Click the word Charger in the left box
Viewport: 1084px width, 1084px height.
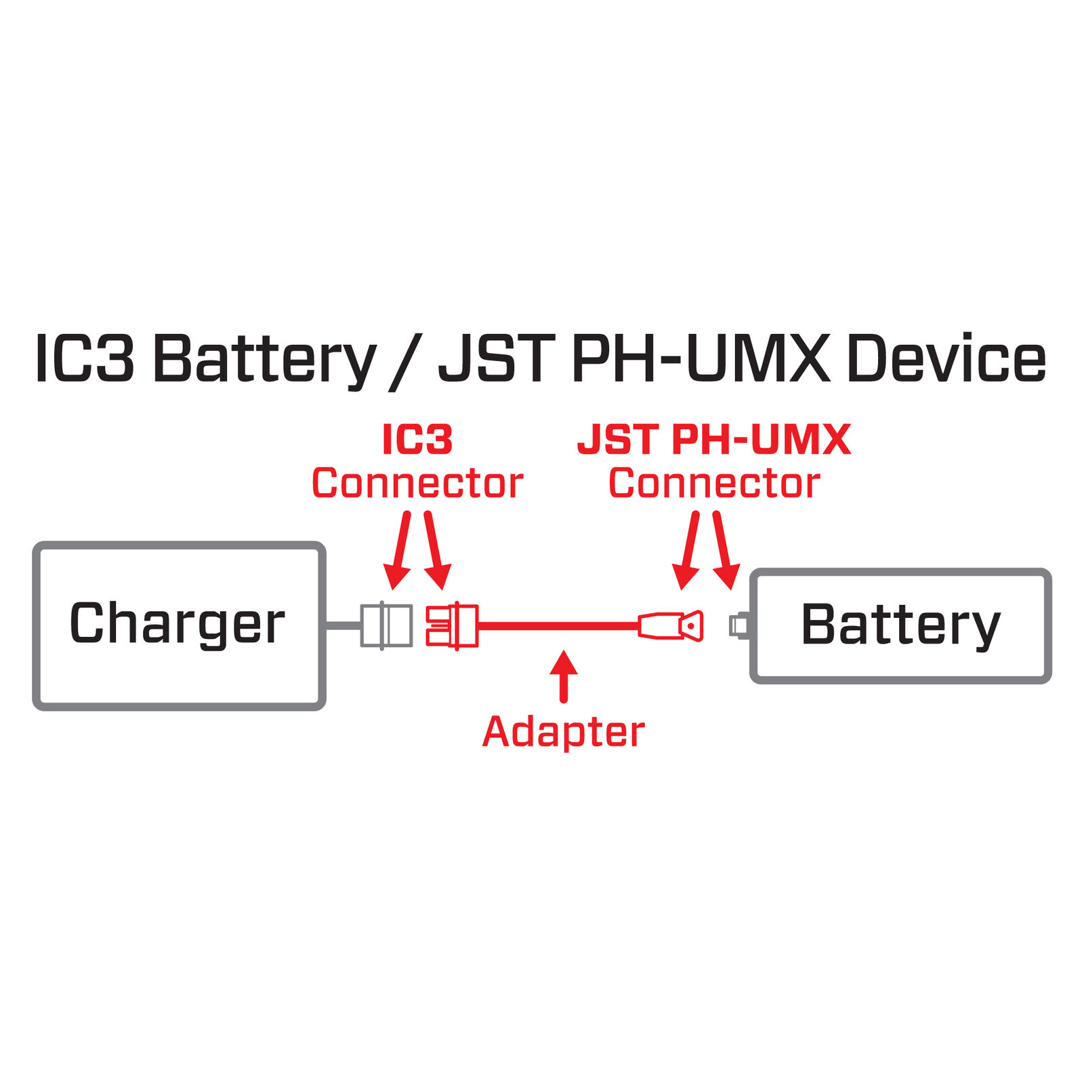(178, 623)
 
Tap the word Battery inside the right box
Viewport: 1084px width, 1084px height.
(900, 625)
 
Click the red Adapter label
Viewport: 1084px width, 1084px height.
(564, 732)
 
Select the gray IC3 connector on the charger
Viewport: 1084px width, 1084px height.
(386, 625)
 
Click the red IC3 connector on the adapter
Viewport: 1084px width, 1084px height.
(452, 625)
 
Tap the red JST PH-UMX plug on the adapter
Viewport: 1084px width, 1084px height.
(671, 625)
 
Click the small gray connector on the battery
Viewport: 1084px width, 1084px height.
(738, 625)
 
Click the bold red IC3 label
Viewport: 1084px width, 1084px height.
(417, 440)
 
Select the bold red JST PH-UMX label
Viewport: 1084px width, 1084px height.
(714, 440)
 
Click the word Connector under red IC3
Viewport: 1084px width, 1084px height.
(417, 484)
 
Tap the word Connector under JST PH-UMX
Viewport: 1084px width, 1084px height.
(714, 484)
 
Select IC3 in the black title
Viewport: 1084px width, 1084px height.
(85, 359)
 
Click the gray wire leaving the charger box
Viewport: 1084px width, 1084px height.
(343, 625)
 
